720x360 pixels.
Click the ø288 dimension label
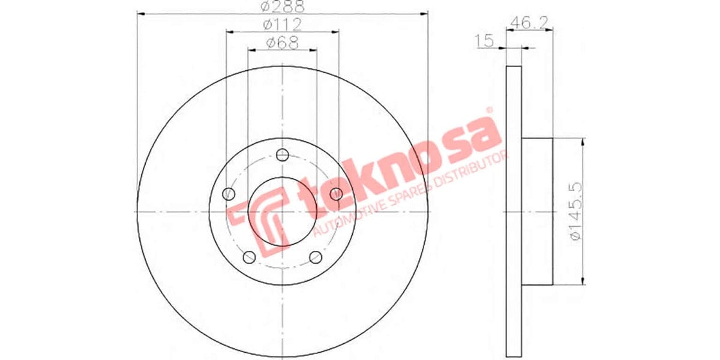tap(282, 7)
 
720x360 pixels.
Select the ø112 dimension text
tap(282, 25)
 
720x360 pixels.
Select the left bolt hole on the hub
tap(228, 194)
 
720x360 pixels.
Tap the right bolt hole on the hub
tap(336, 194)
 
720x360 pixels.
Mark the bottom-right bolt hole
tap(315, 257)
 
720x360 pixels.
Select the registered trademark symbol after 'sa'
tap(488, 110)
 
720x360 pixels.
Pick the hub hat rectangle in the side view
tap(536, 211)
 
